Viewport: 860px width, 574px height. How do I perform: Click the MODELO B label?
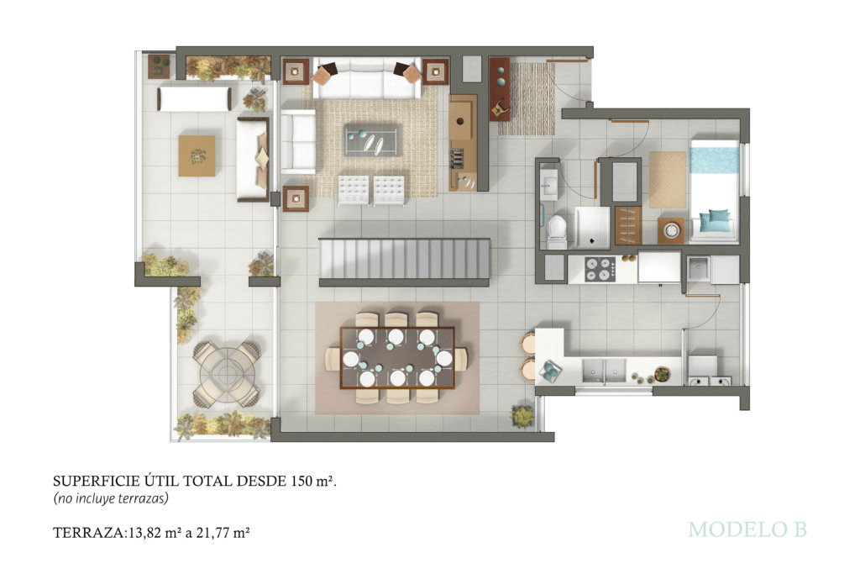747,529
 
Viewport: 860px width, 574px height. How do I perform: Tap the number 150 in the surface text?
302,482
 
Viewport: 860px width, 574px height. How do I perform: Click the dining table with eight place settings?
397,357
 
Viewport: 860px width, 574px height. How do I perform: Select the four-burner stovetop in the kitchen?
600,269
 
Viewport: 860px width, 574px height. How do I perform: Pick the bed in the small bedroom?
714,190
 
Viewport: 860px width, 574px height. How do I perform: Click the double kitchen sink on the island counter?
603,371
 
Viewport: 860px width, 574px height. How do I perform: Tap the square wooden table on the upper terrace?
197,155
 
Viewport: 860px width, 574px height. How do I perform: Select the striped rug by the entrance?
526,99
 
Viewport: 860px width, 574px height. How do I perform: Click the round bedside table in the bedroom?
671,230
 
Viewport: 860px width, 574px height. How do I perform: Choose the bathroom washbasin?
548,186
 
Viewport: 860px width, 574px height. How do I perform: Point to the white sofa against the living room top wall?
367,78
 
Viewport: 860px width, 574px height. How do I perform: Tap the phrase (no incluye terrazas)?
111,498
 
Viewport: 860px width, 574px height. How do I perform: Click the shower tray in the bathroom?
592,225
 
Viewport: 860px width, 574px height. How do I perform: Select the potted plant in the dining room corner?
522,415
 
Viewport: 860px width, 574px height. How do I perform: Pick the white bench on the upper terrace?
194,99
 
